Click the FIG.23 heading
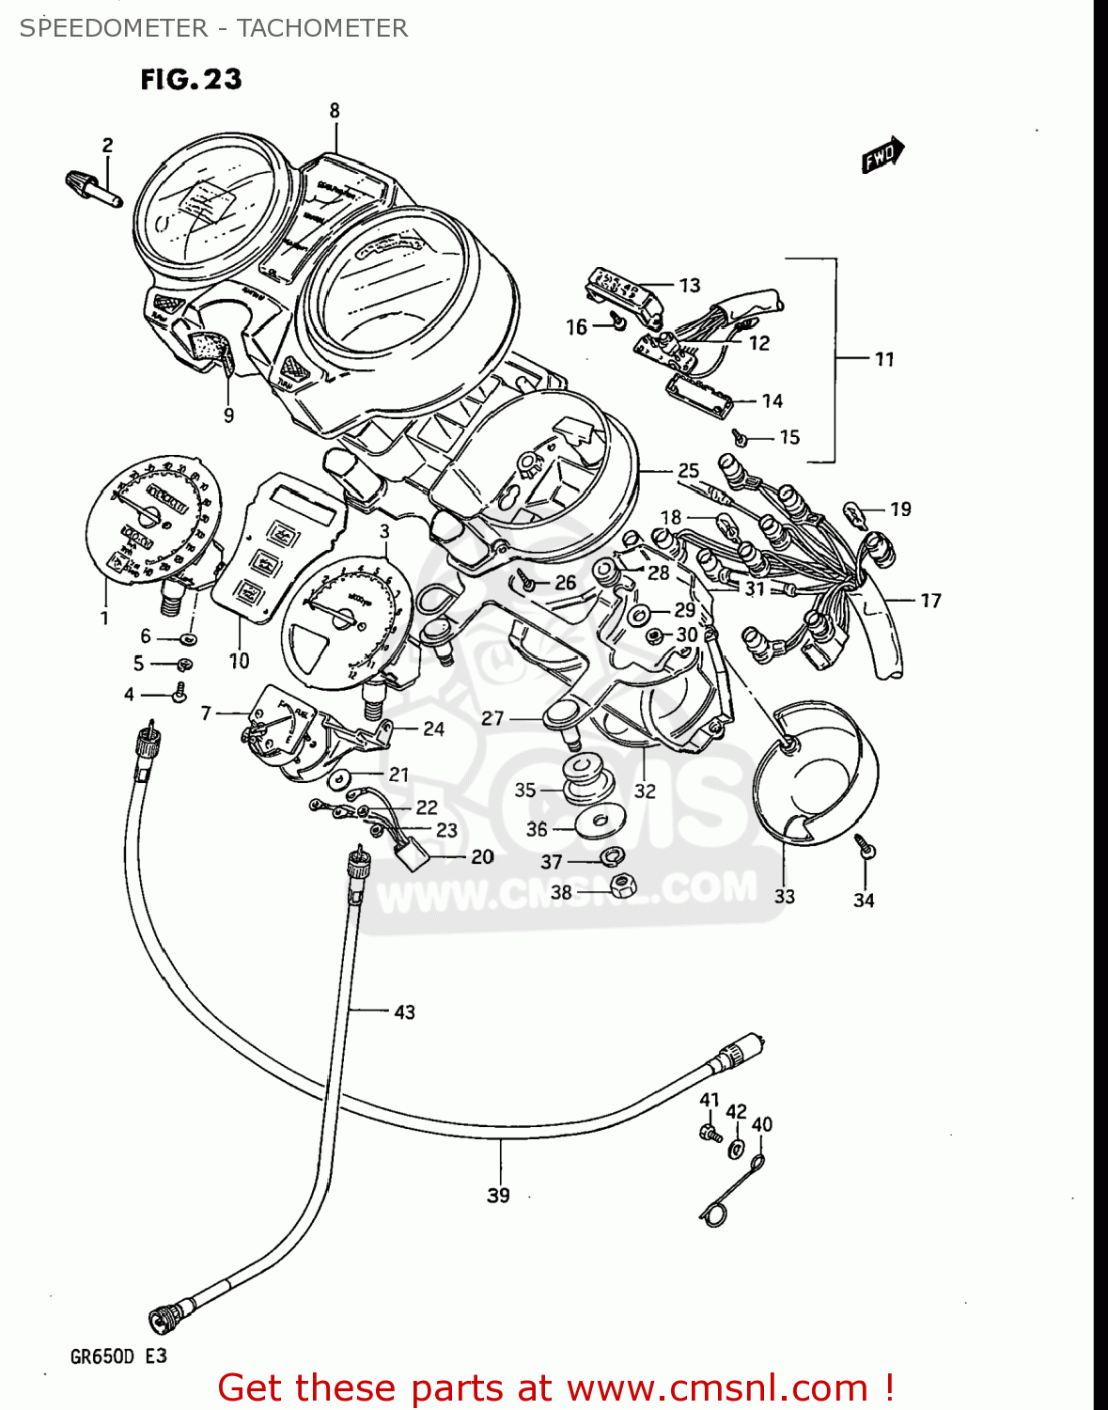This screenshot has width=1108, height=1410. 191,80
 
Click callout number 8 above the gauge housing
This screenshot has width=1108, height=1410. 335,111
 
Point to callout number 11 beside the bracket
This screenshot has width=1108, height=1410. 884,359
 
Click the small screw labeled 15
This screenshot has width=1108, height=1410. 741,437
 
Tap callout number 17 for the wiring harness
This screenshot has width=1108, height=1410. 930,601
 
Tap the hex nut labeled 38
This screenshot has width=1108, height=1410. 620,885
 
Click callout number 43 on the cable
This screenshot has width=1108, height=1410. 404,1012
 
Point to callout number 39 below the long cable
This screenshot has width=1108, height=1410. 498,1195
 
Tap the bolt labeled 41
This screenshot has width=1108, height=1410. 710,1132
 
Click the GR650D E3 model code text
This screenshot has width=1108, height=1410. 118,1356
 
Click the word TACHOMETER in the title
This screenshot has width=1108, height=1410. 322,28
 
